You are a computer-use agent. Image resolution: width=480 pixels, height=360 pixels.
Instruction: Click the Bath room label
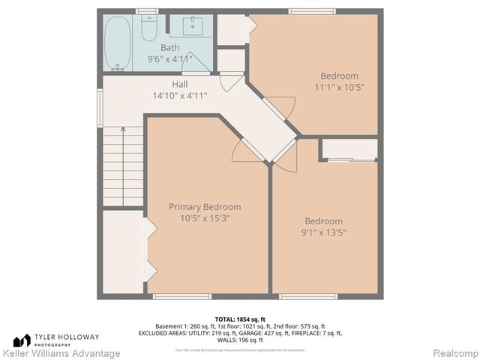pos(169,48)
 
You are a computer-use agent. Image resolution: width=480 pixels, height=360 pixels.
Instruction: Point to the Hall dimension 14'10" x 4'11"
pos(179,95)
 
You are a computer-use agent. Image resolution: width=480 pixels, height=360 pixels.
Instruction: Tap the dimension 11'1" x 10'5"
pos(339,87)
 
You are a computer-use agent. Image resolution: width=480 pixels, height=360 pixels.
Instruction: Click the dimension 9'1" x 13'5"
pos(323,232)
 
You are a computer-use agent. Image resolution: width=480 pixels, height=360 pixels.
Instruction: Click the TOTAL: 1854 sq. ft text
pos(240,319)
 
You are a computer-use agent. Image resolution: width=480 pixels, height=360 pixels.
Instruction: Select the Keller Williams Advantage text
pos(61,353)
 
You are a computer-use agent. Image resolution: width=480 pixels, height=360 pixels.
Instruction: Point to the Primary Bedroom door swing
pos(245,149)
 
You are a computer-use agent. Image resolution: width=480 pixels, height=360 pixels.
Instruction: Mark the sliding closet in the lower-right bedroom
pos(349,150)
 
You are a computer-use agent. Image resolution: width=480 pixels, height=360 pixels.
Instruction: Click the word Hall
pos(179,84)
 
